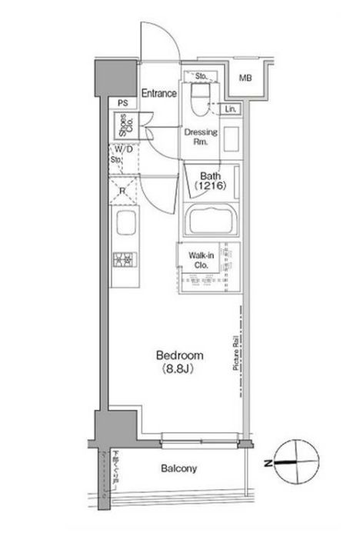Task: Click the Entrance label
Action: (x=158, y=93)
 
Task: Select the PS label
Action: (x=122, y=103)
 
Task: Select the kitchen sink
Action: (x=124, y=227)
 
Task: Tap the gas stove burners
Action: (x=124, y=261)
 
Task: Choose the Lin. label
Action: (x=230, y=110)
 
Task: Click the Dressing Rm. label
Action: (x=201, y=136)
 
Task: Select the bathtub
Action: (x=211, y=221)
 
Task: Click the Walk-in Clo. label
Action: (x=195, y=262)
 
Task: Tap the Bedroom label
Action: (x=179, y=355)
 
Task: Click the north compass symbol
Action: (x=291, y=462)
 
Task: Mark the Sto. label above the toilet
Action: (x=202, y=76)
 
